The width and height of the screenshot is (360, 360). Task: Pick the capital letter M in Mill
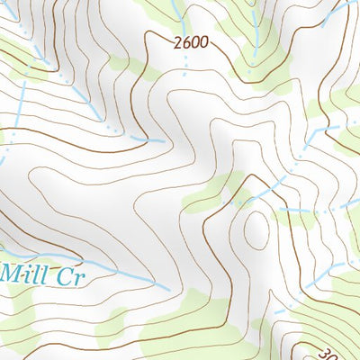pyautogui.click(x=12, y=274)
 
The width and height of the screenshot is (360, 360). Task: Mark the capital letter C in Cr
pyautogui.click(x=64, y=275)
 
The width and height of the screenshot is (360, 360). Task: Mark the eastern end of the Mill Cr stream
pyautogui.click(x=167, y=287)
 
